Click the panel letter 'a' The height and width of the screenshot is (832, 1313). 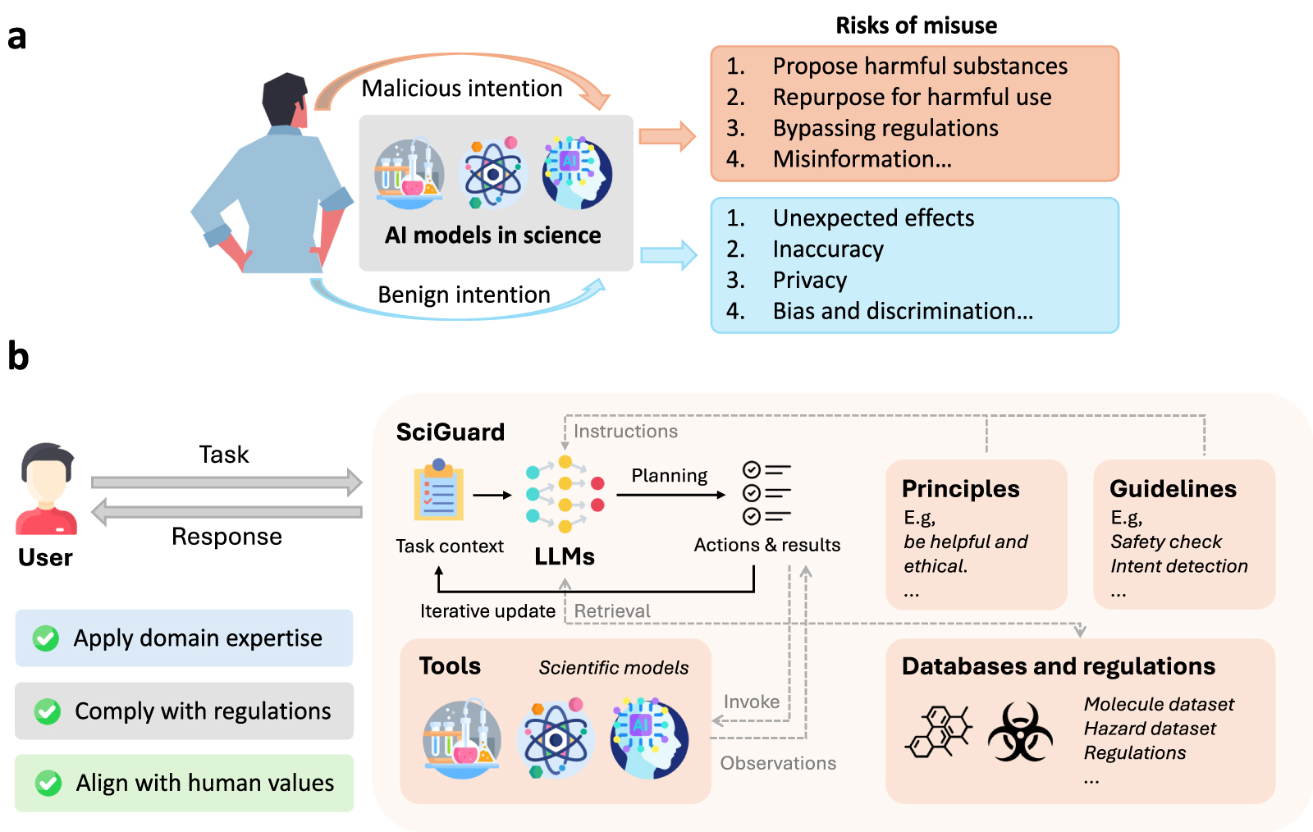[16, 38]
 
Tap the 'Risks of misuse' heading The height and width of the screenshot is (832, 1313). [916, 25]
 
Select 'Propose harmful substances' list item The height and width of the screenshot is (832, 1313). [919, 66]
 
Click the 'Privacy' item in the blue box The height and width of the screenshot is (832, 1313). [809, 280]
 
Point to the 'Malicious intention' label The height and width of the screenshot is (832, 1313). [462, 89]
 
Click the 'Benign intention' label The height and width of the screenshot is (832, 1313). [464, 295]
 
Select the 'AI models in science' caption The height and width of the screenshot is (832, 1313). [492, 235]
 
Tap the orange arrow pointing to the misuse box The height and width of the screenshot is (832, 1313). [666, 136]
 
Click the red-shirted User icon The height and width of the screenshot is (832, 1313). [47, 489]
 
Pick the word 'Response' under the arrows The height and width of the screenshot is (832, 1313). [226, 537]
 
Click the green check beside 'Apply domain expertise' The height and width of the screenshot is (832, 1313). [46, 638]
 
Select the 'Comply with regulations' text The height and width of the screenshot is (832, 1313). [203, 711]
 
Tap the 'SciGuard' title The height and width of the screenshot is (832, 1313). [450, 432]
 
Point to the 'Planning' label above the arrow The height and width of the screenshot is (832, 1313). [669, 476]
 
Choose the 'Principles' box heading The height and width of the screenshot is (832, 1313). [960, 489]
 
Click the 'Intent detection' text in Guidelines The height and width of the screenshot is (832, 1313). [1178, 566]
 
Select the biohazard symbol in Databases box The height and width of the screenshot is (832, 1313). [1020, 731]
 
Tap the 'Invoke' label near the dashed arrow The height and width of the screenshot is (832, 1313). [751, 702]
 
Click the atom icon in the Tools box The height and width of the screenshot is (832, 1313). [556, 739]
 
